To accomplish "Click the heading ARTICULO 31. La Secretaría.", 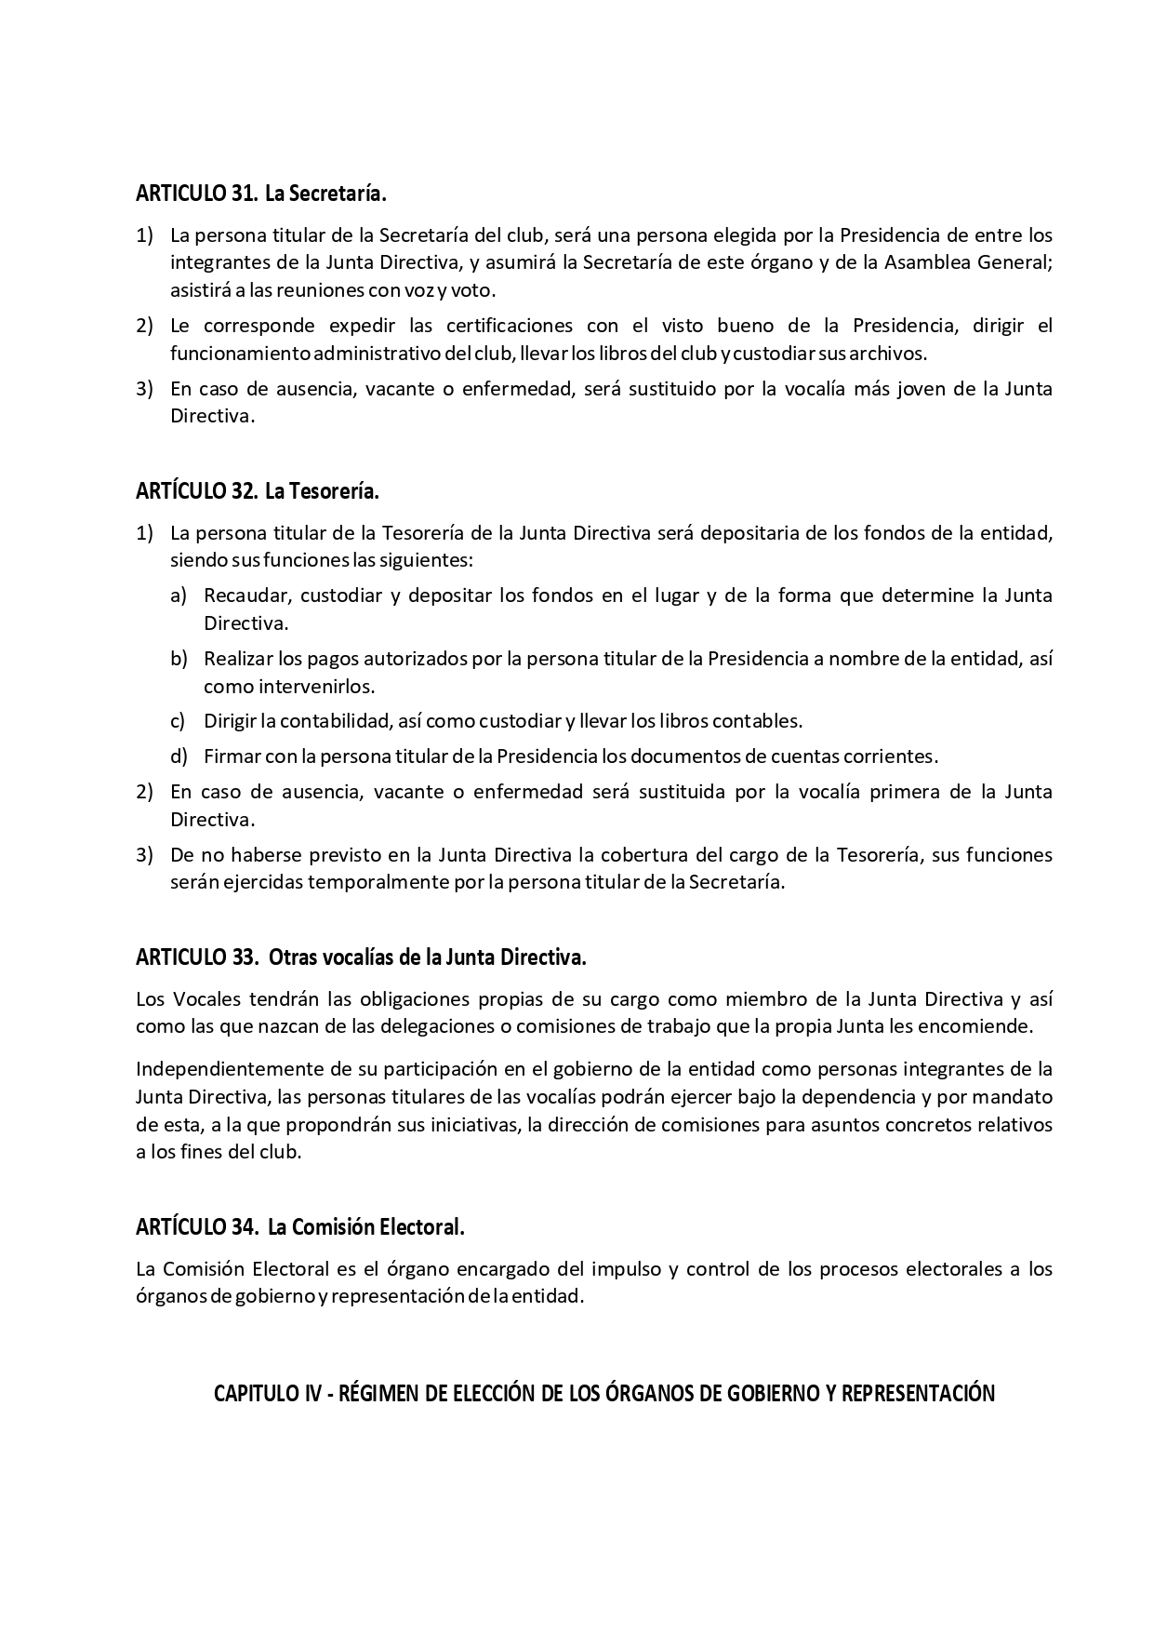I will (260, 194).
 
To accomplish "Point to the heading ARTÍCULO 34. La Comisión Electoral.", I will (299, 1226).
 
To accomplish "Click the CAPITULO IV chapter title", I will (604, 1393).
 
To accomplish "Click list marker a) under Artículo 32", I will (179, 595).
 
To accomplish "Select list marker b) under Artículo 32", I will (179, 659).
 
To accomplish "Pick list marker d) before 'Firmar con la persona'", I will (179, 756).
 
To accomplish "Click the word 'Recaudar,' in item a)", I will (246, 595).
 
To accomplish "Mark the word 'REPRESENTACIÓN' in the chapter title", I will (919, 1393).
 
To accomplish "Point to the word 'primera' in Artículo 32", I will (903, 792).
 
